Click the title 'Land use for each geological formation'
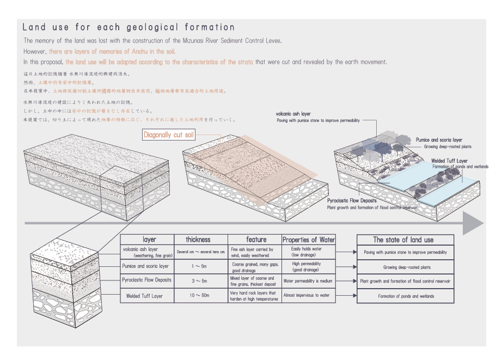pyautogui.click(x=128, y=27)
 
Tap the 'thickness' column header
pyautogui.click(x=198, y=240)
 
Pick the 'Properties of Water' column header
pyautogui.click(x=309, y=240)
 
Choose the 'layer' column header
pyautogui.click(x=149, y=240)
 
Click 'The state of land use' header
pyautogui.click(x=403, y=240)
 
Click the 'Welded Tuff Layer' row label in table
pyautogui.click(x=145, y=296)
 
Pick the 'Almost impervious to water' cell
pyautogui.click(x=307, y=296)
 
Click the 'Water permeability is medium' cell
pyautogui.click(x=308, y=281)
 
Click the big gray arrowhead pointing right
pyautogui.click(x=472, y=223)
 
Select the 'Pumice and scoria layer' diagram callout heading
pyautogui.click(x=439, y=140)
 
